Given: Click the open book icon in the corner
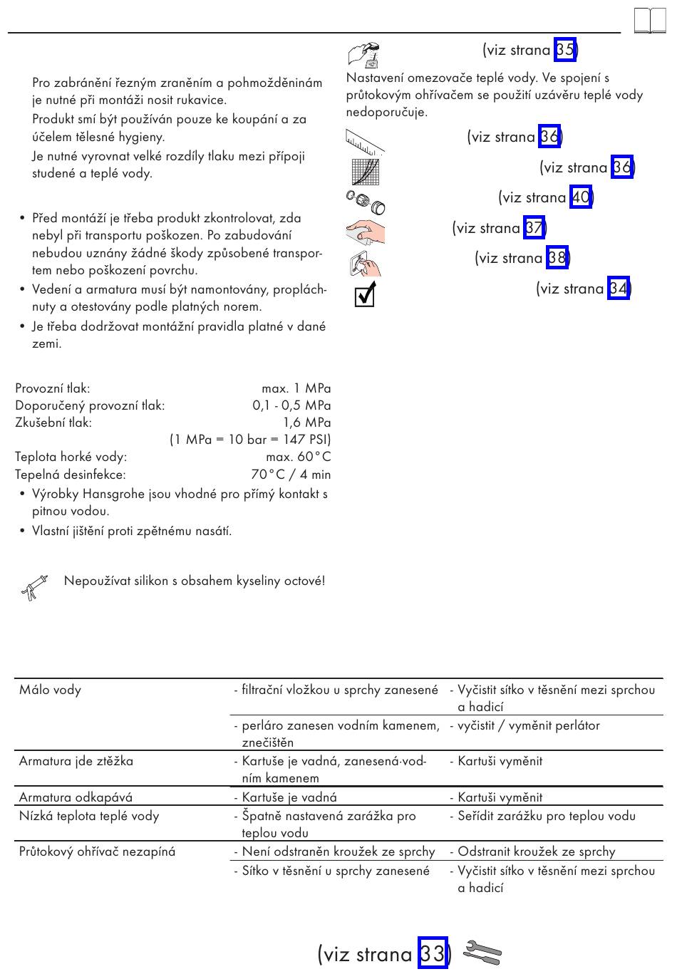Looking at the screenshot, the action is [x=650, y=20].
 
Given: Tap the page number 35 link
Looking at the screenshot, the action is [x=565, y=49].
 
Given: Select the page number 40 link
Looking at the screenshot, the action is [x=581, y=197].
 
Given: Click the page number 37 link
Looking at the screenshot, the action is [x=534, y=227].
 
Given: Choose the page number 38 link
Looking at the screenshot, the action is [x=557, y=257].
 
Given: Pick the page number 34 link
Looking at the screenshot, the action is [x=619, y=288].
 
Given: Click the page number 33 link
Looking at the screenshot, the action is [x=433, y=953].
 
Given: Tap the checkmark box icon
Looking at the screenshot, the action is [x=366, y=294].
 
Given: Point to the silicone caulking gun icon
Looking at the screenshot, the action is [x=34, y=587].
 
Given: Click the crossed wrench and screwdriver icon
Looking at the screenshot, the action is [x=482, y=953].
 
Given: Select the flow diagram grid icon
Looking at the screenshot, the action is [x=366, y=172].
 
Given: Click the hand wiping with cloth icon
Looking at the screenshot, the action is [x=366, y=231].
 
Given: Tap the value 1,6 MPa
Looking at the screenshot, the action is [x=307, y=423].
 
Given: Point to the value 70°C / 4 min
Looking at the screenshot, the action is [x=291, y=475].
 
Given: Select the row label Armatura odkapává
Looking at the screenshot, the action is [x=76, y=797].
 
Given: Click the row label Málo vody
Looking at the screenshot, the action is [x=50, y=690].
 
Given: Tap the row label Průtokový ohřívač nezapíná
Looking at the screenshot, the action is [x=97, y=851].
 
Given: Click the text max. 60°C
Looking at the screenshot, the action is [x=299, y=457].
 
